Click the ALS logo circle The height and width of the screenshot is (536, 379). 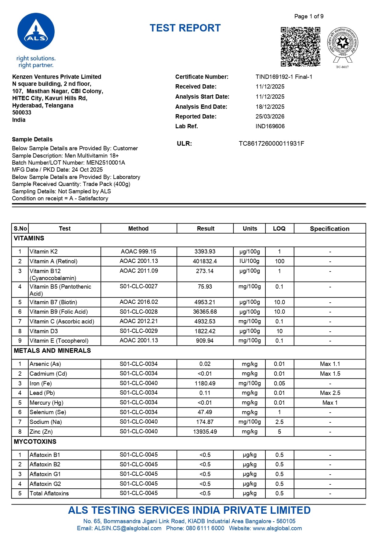click(x=36, y=31)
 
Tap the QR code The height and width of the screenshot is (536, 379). click(x=300, y=46)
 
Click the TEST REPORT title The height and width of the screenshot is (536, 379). click(x=185, y=28)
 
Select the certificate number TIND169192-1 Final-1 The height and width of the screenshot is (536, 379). click(x=284, y=77)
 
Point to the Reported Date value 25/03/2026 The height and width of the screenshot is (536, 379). click(x=270, y=116)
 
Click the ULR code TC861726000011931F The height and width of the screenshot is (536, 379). click(x=271, y=144)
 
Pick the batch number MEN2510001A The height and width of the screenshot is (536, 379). click(x=106, y=162)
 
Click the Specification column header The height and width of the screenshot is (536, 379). click(x=330, y=229)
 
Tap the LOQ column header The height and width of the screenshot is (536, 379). click(x=279, y=228)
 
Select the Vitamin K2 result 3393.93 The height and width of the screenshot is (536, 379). click(x=205, y=252)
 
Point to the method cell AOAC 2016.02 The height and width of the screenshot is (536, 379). click(x=139, y=302)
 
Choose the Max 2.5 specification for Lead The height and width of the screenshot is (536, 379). click(x=330, y=393)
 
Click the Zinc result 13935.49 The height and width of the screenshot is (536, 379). click(x=205, y=432)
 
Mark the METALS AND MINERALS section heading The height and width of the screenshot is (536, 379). click(x=52, y=351)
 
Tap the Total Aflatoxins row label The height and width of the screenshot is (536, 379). click(x=49, y=493)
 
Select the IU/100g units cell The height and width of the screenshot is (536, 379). click(x=250, y=261)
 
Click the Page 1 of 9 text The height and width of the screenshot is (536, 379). click(x=309, y=16)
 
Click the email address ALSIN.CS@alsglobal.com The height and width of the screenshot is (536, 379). click(x=128, y=528)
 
